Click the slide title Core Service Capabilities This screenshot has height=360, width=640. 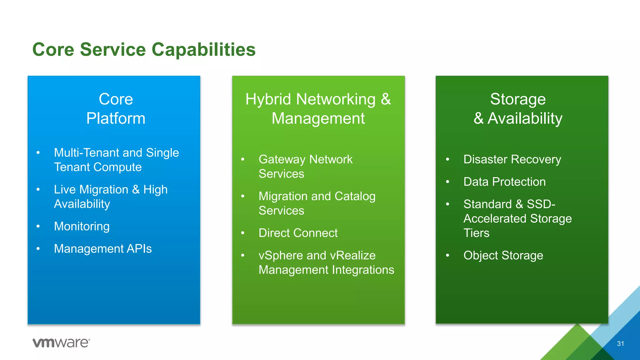click(144, 50)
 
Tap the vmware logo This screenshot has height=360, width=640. click(61, 342)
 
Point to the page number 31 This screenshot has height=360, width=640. click(620, 344)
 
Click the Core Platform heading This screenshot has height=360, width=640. click(116, 109)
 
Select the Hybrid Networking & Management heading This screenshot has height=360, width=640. click(318, 109)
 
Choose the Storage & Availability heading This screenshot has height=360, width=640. click(518, 109)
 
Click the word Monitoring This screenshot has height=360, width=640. click(82, 226)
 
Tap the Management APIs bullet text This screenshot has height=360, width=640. click(103, 249)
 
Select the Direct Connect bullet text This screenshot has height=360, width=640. click(298, 233)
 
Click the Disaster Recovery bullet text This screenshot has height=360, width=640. click(512, 159)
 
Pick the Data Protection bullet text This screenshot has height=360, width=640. click(504, 182)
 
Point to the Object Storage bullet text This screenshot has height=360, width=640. click(503, 256)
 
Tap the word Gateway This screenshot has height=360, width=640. click(282, 159)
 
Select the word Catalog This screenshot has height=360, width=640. click(355, 196)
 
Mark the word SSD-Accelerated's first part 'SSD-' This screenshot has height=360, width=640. click(541, 204)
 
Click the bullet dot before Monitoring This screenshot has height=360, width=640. click(38, 226)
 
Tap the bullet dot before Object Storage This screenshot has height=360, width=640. click(447, 256)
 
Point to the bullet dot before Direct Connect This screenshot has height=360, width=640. click(243, 233)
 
